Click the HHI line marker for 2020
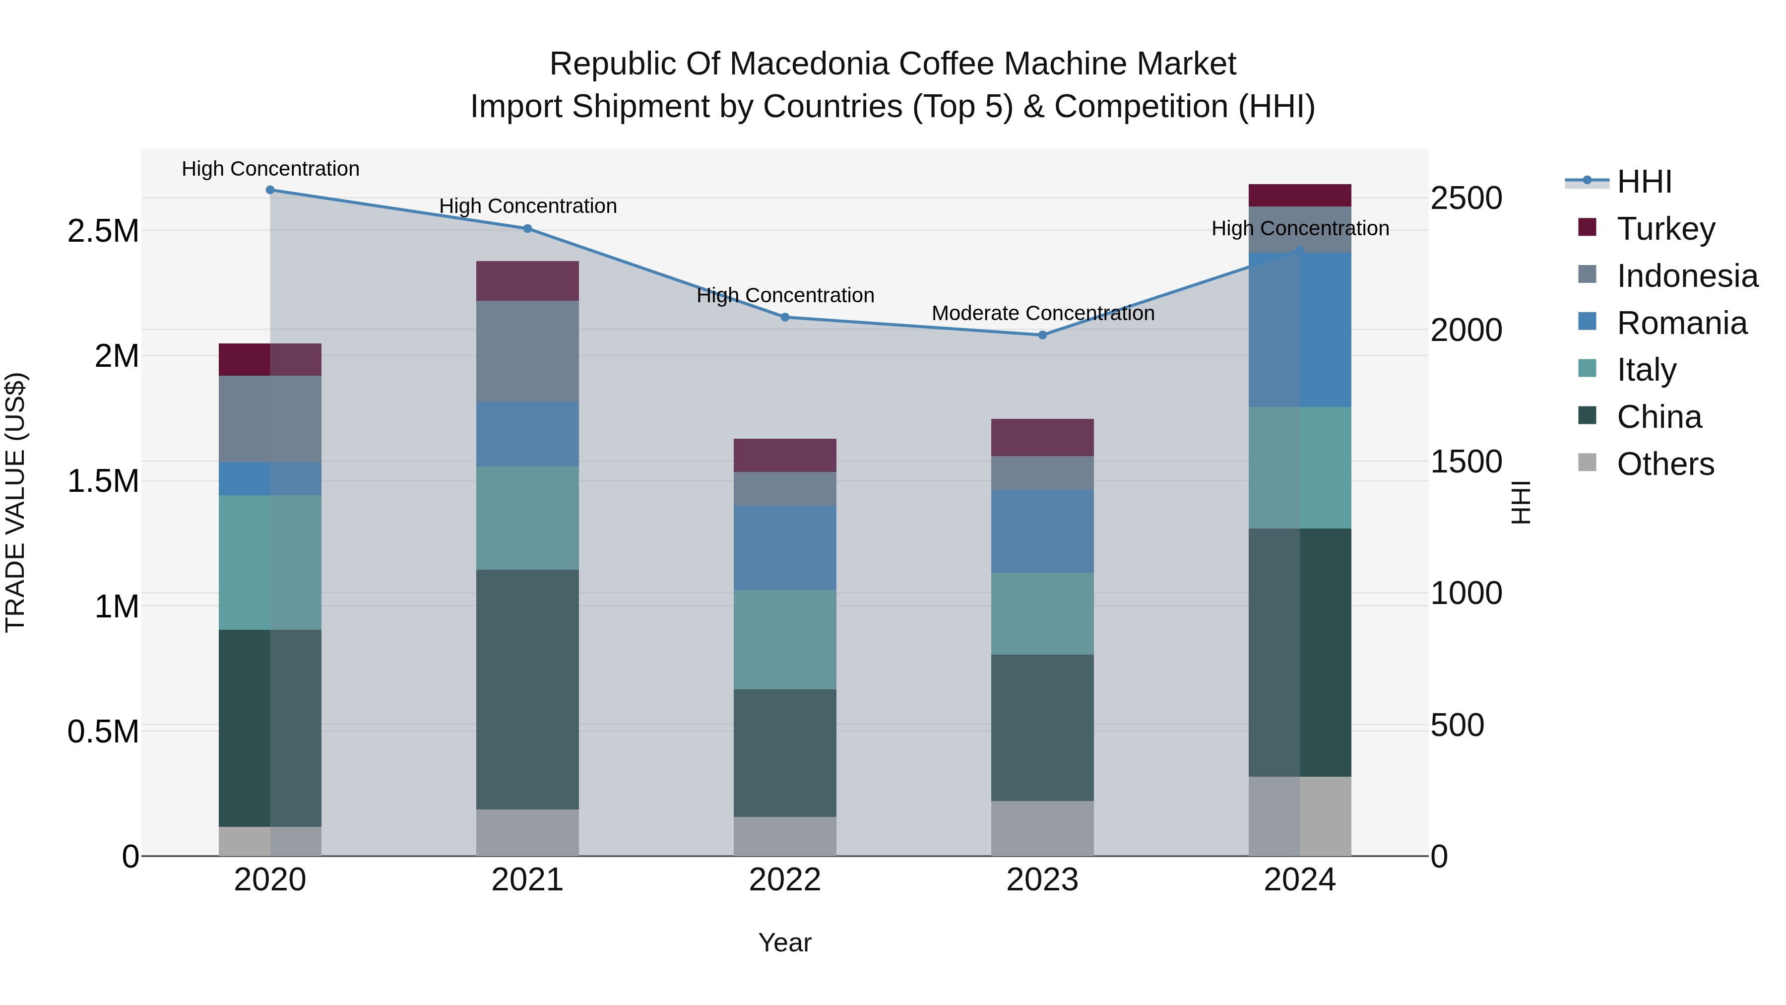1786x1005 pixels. click(x=270, y=190)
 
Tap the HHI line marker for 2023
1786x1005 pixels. click(x=1042, y=335)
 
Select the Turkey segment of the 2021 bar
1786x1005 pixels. click(x=528, y=281)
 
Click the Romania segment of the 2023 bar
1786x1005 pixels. click(x=1042, y=531)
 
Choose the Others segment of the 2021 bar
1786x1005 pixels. click(x=528, y=832)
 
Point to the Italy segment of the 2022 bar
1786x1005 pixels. click(x=785, y=640)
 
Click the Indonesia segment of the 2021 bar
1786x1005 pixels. click(x=528, y=351)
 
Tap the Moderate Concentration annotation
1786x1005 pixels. click(x=1043, y=314)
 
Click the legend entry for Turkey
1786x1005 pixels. click(x=1666, y=229)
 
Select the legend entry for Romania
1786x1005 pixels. click(x=1681, y=323)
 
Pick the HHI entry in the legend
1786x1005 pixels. click(x=1644, y=182)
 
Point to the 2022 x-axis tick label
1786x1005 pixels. click(x=785, y=880)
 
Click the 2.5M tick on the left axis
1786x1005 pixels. click(x=103, y=231)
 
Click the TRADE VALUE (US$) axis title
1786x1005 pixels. click(x=15, y=502)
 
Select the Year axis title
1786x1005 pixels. click(x=785, y=942)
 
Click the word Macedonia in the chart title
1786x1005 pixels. click(x=811, y=64)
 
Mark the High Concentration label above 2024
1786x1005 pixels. click(x=1300, y=228)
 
